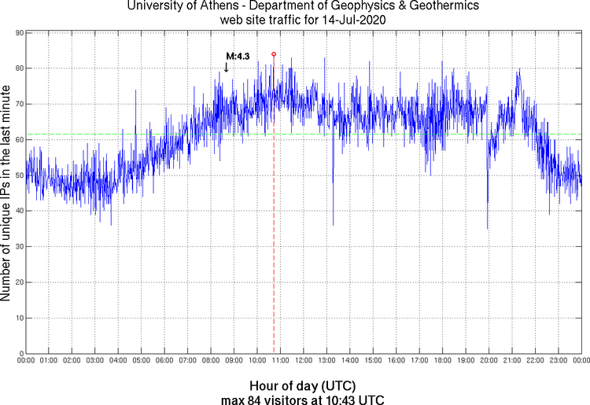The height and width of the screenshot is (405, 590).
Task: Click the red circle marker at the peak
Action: pos(273,54)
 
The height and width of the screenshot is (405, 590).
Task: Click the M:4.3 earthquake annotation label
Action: pos(238,56)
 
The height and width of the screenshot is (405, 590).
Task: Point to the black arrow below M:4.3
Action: pos(227,68)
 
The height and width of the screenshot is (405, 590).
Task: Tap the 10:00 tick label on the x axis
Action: pos(256,360)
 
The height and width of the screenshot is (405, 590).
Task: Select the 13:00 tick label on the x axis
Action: pos(326,360)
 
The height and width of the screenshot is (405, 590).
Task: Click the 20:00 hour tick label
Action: pos(489,360)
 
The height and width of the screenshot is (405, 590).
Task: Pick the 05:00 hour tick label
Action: pos(141,360)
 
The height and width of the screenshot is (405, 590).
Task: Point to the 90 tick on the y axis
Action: pos(17,33)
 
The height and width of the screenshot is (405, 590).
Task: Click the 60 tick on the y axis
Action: pos(17,139)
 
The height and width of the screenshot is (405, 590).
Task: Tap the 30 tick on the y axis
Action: pos(17,246)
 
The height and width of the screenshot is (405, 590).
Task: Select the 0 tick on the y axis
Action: pos(19,353)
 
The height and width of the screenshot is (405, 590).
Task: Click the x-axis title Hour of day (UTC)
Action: pos(302,386)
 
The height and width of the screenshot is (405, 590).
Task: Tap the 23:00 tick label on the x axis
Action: pos(558,360)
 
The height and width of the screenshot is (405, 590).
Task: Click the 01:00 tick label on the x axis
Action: pos(48,360)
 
